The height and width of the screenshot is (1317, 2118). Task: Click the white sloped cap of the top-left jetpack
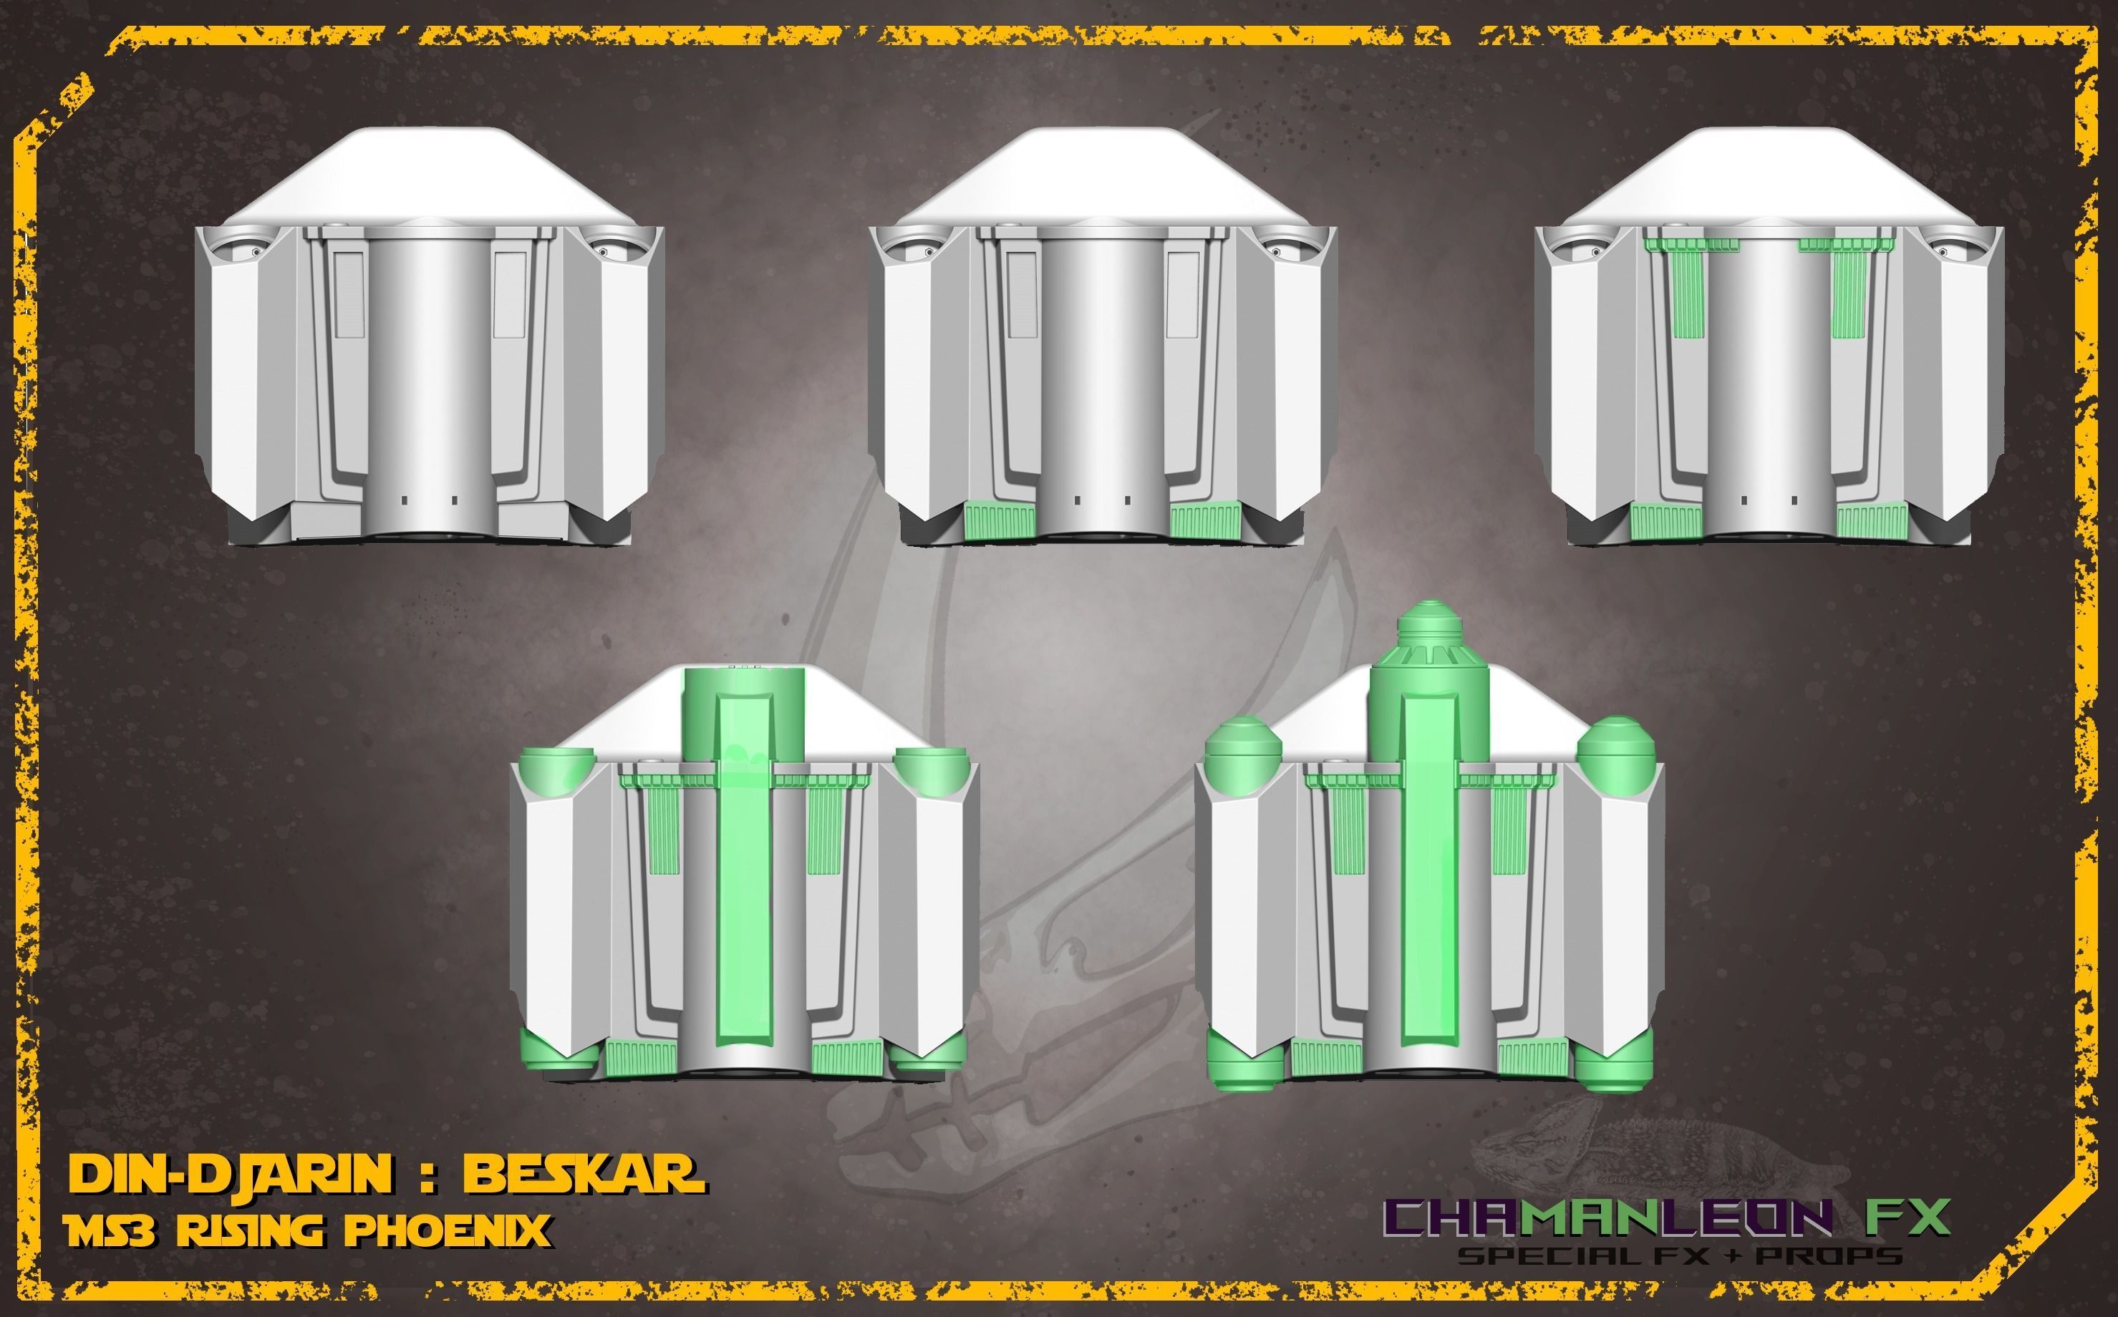coord(427,174)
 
